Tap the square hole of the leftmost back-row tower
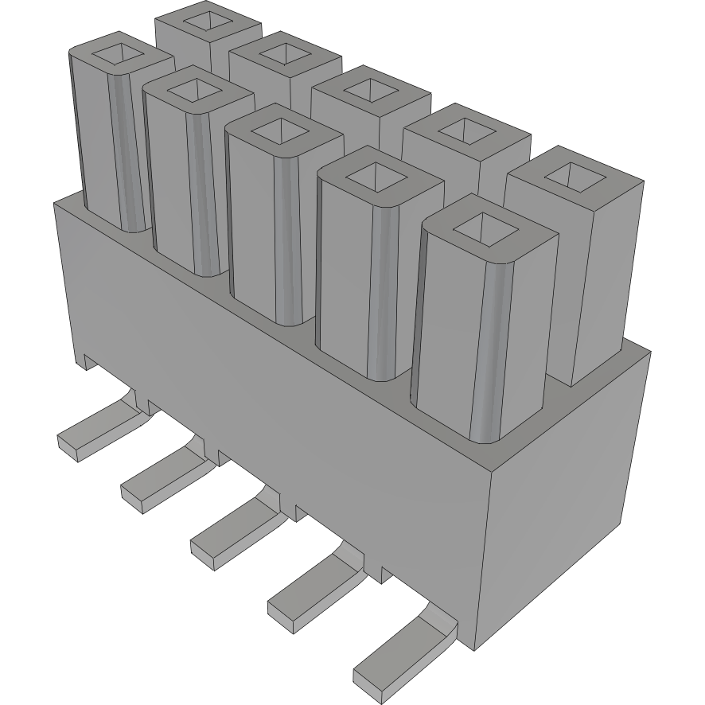pyautogui.click(x=207, y=22)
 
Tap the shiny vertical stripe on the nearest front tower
pyautogui.click(x=487, y=350)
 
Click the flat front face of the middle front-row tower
pyautogui.click(x=253, y=231)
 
